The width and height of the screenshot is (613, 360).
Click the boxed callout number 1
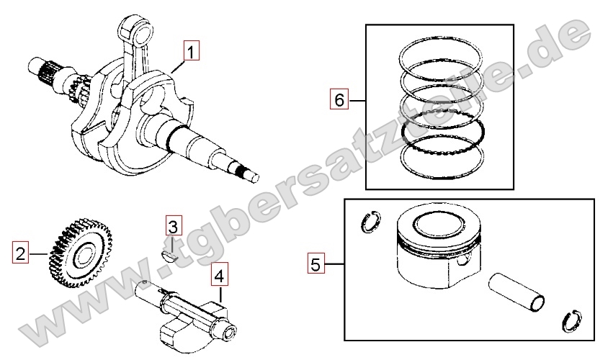191,51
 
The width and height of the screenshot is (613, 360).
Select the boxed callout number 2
20,253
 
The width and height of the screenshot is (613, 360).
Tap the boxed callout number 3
173,226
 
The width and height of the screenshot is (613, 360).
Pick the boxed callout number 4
220,275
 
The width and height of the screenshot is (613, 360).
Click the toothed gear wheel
81,253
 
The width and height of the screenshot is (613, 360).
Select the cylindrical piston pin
516,293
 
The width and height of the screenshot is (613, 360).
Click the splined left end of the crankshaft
44,71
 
